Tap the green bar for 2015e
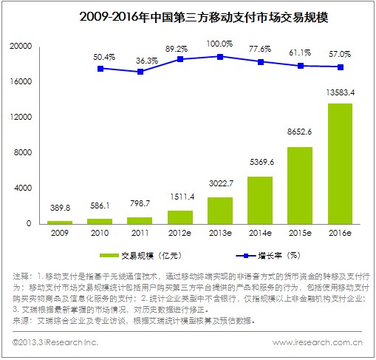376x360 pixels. pyautogui.click(x=299, y=185)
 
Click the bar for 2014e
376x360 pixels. pyautogui.click(x=259, y=200)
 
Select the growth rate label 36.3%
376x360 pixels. pyautogui.click(x=141, y=61)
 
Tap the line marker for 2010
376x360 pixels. pyautogui.click(x=100, y=68)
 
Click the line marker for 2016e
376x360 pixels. pyautogui.click(x=340, y=67)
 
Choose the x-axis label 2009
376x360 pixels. pyautogui.click(x=61, y=234)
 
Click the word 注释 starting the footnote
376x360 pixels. pyautogui.click(x=22, y=275)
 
